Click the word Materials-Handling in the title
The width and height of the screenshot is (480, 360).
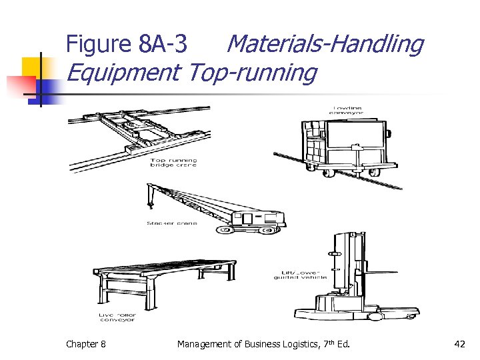click(x=325, y=44)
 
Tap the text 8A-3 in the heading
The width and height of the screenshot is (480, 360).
click(x=163, y=45)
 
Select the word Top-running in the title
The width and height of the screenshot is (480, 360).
click(x=253, y=73)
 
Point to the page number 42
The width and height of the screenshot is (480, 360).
click(x=459, y=344)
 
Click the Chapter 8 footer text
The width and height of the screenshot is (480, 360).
click(x=85, y=344)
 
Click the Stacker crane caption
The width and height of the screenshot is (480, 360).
click(x=172, y=223)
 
